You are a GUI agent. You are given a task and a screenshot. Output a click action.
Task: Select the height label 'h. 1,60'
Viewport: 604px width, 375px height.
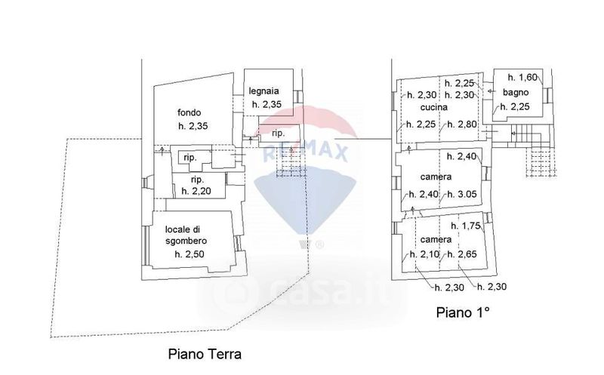click(522, 77)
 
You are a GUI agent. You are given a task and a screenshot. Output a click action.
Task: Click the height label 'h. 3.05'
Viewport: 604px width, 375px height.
click(462, 195)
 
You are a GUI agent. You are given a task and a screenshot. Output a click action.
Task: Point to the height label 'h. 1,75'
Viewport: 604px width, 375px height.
click(466, 226)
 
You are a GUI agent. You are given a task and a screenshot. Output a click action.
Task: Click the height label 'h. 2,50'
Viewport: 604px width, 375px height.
click(190, 254)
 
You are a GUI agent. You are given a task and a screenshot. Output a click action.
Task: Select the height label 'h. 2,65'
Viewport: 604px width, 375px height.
click(462, 254)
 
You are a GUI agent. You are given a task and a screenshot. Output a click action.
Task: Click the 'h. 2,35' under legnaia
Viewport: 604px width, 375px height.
click(267, 105)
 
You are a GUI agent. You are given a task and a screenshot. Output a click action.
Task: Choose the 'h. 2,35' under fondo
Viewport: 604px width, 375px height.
click(194, 126)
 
